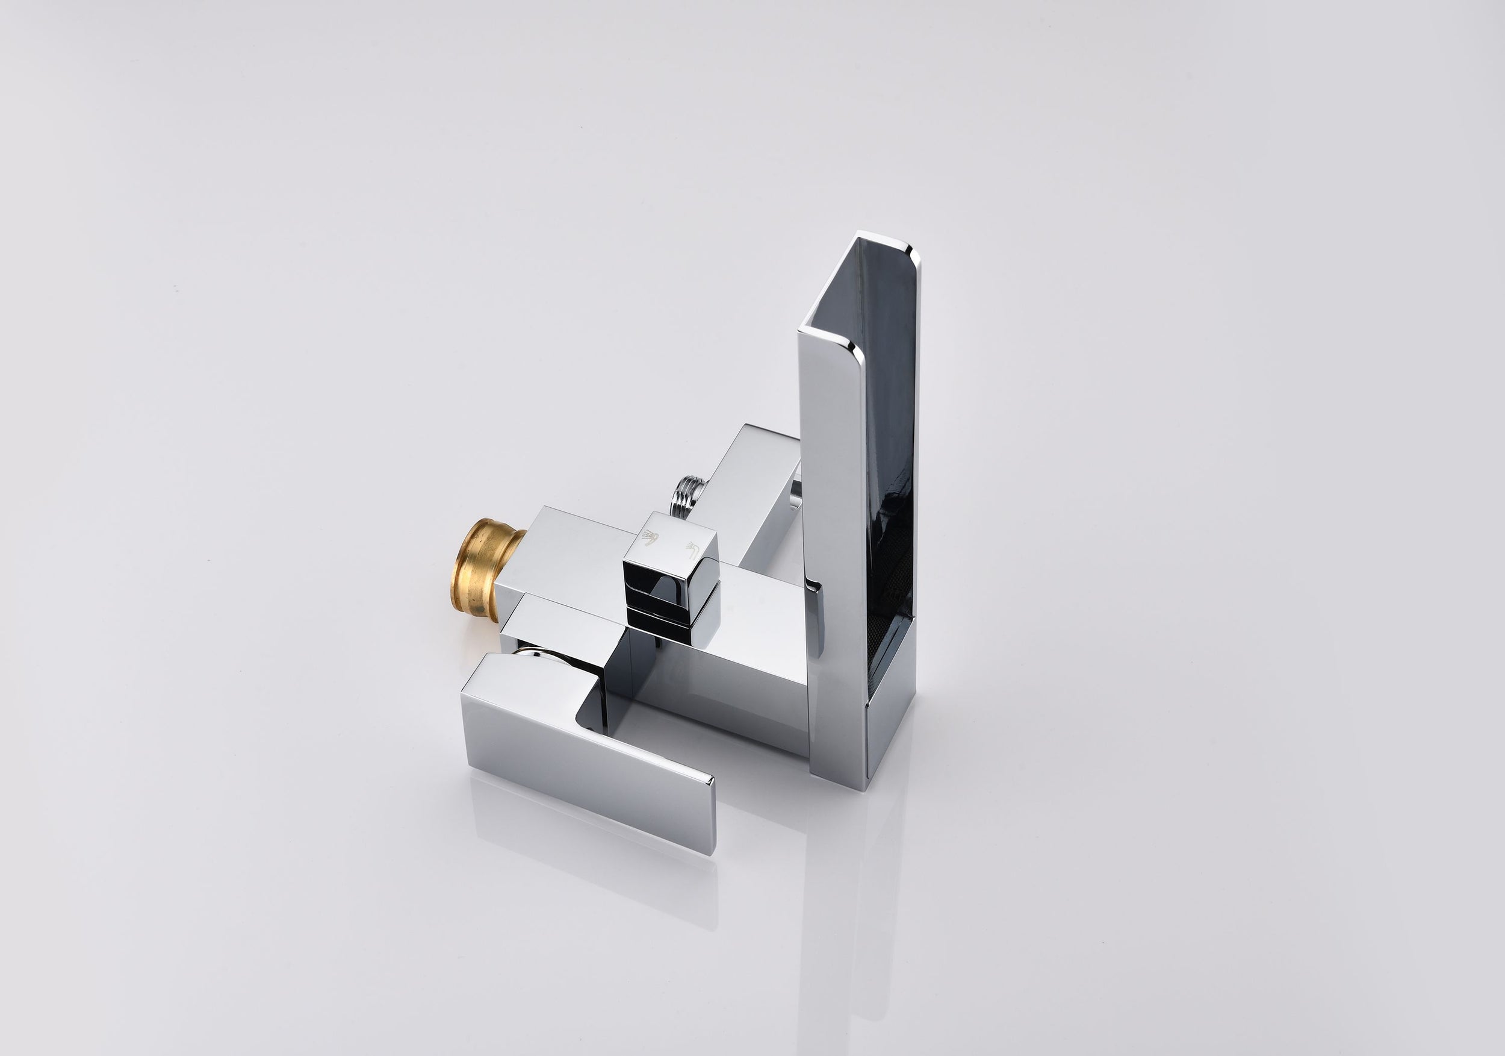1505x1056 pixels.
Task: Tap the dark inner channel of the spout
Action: (x=882, y=426)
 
